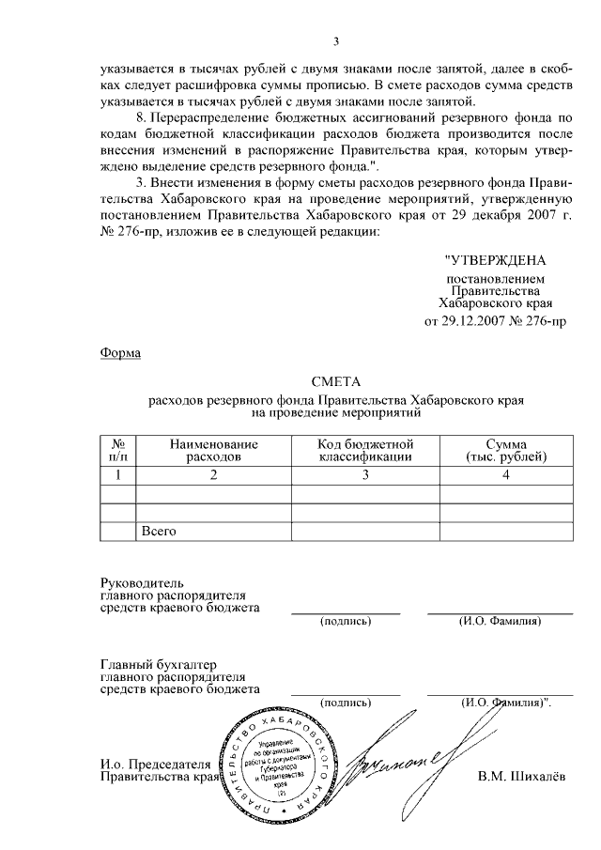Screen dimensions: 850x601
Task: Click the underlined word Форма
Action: click(119, 352)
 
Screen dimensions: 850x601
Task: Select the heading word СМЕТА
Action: click(335, 381)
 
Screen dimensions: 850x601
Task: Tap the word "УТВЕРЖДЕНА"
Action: click(495, 259)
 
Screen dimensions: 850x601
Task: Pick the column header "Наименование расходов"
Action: click(213, 450)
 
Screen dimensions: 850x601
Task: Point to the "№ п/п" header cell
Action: click(118, 450)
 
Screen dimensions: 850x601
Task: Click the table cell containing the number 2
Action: click(213, 475)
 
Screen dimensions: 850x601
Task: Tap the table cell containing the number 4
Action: click(505, 475)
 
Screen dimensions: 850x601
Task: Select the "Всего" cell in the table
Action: click(159, 531)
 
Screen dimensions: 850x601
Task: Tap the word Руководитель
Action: click(136, 582)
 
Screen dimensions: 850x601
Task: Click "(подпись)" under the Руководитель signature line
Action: click(345, 621)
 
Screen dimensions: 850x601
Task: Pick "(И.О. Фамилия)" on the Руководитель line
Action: click(499, 621)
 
